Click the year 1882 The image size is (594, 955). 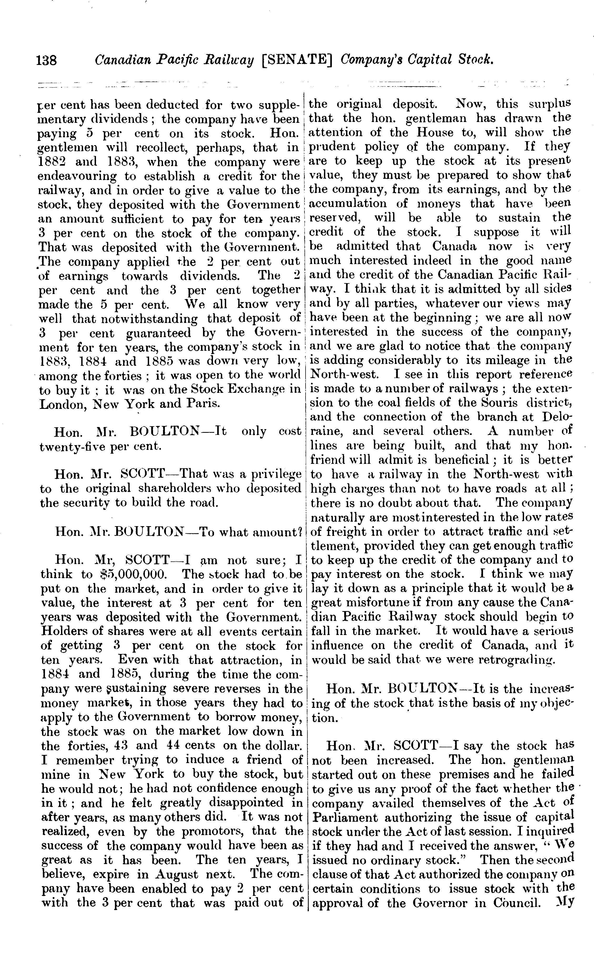pyautogui.click(x=52, y=162)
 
